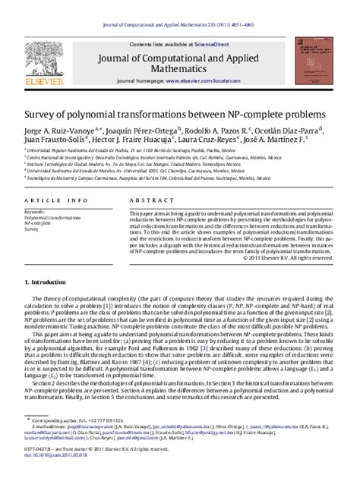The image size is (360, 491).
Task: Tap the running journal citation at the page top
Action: click(179, 6)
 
